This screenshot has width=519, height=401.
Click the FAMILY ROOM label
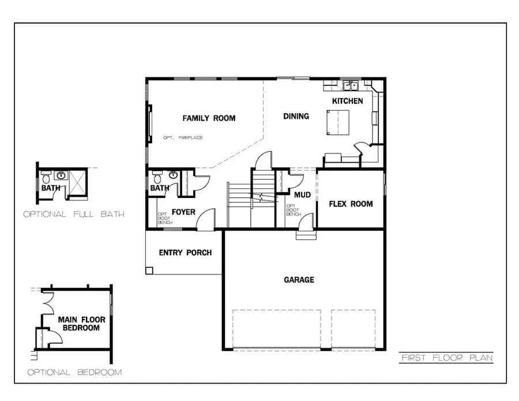tap(209, 118)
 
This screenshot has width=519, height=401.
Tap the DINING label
tap(296, 116)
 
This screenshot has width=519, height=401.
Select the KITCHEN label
tap(347, 101)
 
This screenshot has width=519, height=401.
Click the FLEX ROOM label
tap(351, 204)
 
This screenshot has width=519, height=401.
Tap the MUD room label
tap(302, 195)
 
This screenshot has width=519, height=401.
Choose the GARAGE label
tap(299, 280)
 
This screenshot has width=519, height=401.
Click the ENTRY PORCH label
tap(185, 253)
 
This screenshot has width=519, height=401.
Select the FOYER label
tap(183, 212)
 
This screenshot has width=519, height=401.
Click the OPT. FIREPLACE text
tap(183, 137)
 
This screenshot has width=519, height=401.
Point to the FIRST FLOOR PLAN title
tap(446, 358)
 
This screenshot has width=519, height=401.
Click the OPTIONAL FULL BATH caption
tap(74, 214)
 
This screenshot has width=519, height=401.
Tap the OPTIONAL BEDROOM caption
tap(74, 372)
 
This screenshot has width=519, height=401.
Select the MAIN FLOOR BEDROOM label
tap(79, 323)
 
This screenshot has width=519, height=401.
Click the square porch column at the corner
tap(149, 270)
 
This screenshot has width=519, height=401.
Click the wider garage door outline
tap(277, 329)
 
